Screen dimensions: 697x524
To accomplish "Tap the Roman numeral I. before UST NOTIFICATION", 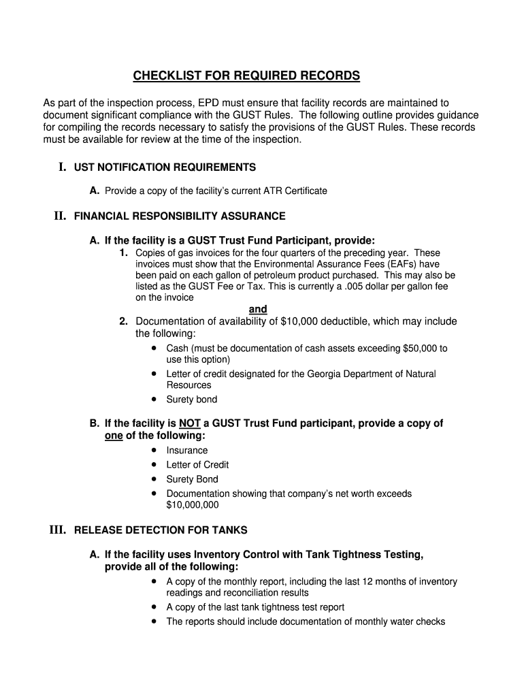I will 62,167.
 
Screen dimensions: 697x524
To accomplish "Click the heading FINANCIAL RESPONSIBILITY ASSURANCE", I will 180,216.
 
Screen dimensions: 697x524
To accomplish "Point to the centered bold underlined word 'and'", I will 258,309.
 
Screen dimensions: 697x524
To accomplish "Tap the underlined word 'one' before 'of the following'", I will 114,436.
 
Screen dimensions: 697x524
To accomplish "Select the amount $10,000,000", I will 193,505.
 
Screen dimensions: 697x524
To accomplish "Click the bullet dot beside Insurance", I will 156,450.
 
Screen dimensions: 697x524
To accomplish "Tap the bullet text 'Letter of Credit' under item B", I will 197,465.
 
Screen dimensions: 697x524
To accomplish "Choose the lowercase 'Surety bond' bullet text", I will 192,400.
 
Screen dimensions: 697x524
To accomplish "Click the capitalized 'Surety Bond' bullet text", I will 193,479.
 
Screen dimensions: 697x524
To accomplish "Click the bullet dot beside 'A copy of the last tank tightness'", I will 156,606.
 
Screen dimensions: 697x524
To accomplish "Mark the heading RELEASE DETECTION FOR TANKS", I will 161,530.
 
